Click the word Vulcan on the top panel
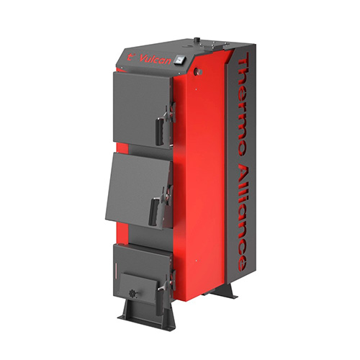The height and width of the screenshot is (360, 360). tap(156, 58)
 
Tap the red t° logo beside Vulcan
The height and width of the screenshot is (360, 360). tap(130, 57)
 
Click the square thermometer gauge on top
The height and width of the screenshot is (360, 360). tap(180, 59)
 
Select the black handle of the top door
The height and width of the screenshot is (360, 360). tap(160, 131)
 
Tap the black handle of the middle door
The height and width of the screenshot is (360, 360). tap(153, 211)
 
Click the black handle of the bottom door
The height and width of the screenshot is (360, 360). tap(159, 302)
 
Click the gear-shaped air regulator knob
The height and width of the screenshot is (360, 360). tap(132, 294)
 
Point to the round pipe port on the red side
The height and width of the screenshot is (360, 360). tap(199, 71)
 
